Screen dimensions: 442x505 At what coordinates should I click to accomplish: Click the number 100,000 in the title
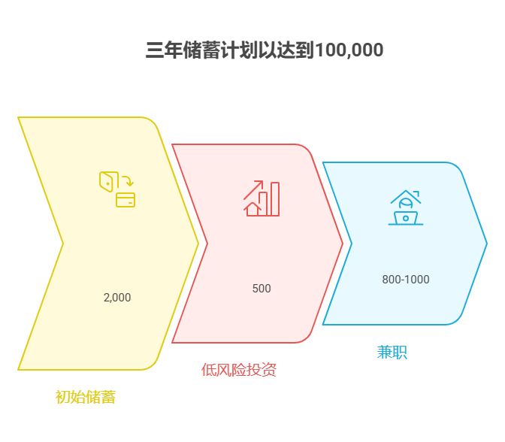point(349,50)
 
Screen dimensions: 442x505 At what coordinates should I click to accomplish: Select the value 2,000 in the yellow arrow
point(117,298)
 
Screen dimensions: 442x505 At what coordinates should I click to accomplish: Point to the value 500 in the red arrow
point(262,289)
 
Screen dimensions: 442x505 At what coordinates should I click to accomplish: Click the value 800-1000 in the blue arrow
point(406,280)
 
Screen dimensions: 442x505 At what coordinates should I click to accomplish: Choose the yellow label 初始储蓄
point(86,397)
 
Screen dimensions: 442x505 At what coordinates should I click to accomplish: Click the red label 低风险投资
point(239,370)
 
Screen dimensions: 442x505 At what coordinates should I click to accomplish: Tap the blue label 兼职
point(392,352)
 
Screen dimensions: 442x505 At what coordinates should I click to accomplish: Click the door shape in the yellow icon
point(108,181)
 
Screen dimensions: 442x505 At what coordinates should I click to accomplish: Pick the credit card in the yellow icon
point(125,200)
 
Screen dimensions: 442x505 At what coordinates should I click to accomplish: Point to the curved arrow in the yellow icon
point(128,180)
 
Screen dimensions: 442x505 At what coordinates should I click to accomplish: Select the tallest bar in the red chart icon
point(275,199)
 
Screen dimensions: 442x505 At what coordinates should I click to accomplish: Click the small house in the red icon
point(252,209)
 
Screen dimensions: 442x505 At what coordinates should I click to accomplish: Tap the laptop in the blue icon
point(406,218)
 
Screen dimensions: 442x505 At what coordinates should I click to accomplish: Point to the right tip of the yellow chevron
point(198,243)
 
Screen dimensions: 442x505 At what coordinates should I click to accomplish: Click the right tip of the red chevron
point(343,243)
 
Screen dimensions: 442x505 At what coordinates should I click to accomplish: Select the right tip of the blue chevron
point(487,243)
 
